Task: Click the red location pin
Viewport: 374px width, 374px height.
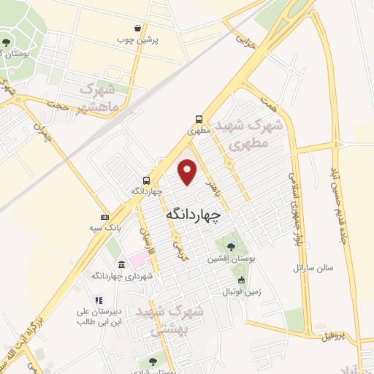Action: pyautogui.click(x=188, y=172)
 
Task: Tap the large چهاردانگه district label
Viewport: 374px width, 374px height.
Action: pyautogui.click(x=194, y=214)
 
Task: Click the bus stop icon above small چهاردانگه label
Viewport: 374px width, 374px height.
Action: pyautogui.click(x=148, y=180)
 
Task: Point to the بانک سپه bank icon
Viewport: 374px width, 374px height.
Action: pyautogui.click(x=104, y=217)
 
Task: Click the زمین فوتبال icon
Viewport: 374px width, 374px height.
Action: pyautogui.click(x=241, y=280)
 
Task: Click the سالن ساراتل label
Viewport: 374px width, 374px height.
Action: pyautogui.click(x=313, y=267)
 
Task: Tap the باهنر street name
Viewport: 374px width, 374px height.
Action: pyautogui.click(x=211, y=185)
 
